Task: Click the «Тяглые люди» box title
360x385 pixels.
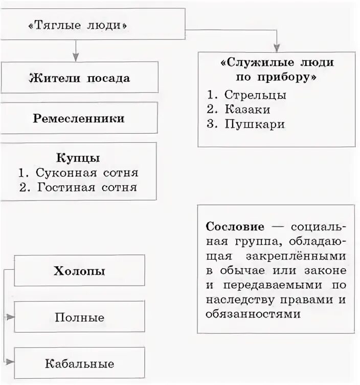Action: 78,25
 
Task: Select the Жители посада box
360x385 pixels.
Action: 79,78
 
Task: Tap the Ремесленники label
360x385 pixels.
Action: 79,118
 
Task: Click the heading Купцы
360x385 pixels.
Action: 78,158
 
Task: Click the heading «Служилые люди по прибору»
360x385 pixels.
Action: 277,71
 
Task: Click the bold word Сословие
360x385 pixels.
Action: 235,226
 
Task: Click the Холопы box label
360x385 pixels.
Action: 79,270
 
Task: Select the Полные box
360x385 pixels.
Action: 79,317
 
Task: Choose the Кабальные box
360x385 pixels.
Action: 79,364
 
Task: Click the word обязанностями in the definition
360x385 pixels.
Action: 253,313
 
